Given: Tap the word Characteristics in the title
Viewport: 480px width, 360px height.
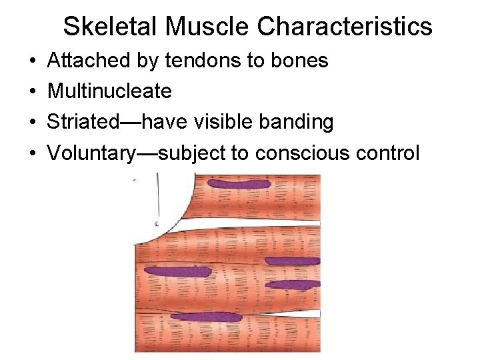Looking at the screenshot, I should (344, 27).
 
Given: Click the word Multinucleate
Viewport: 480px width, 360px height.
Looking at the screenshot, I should (110, 91).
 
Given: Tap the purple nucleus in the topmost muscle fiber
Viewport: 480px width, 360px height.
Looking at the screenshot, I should (238, 183).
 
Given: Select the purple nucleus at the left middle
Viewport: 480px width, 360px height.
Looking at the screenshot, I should (177, 271).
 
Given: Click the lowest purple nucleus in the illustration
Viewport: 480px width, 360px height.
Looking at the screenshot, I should (206, 317).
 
